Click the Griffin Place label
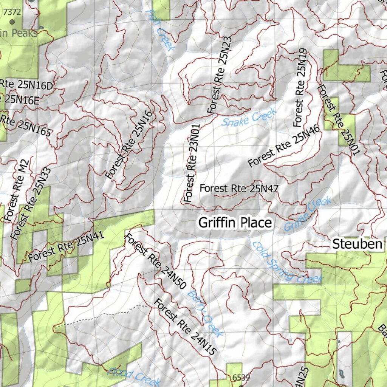[235, 223]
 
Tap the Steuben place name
[357, 244]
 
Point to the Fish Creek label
[160, 30]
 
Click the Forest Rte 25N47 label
[239, 188]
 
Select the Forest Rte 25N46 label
[284, 146]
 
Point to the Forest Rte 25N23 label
[220, 75]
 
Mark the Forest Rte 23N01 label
[192, 164]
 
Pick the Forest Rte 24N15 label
[186, 327]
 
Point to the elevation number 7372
[12, 12]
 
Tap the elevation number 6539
[241, 377]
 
